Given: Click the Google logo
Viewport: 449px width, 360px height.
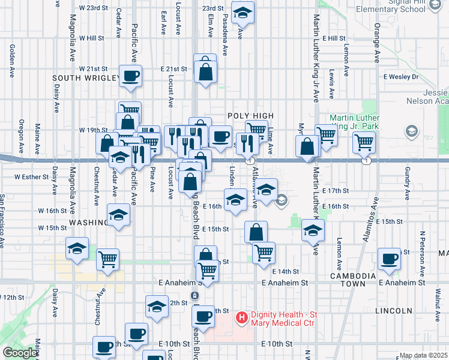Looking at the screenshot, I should tap(19, 353).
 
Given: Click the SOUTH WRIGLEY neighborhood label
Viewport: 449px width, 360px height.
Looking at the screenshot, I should tap(83, 78).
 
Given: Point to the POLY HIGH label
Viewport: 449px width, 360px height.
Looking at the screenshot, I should tap(250, 116).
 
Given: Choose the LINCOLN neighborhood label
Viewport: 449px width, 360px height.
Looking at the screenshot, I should tap(393, 311).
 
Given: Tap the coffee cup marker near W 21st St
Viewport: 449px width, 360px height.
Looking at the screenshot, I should tap(131, 76).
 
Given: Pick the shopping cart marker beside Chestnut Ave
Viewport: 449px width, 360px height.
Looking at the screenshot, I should tap(108, 260).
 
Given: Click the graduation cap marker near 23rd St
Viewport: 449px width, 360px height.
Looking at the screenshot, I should tap(243, 12).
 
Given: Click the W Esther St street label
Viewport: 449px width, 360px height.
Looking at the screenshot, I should tap(31, 177).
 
